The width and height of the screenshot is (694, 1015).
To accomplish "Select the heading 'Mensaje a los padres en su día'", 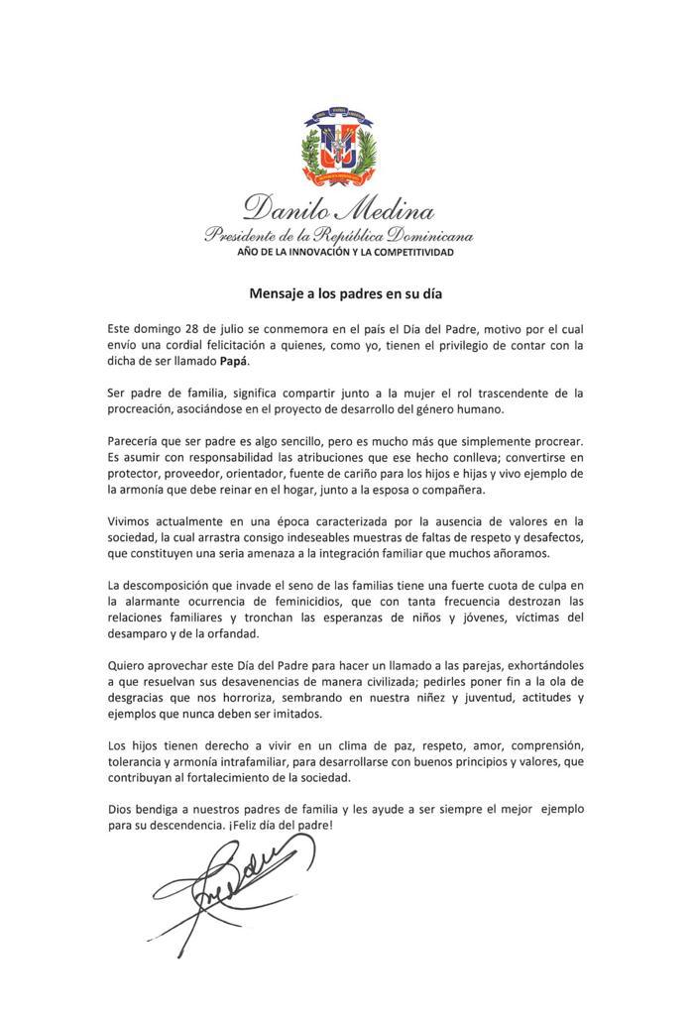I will (339, 294).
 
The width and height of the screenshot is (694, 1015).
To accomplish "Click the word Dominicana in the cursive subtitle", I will (427, 237).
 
